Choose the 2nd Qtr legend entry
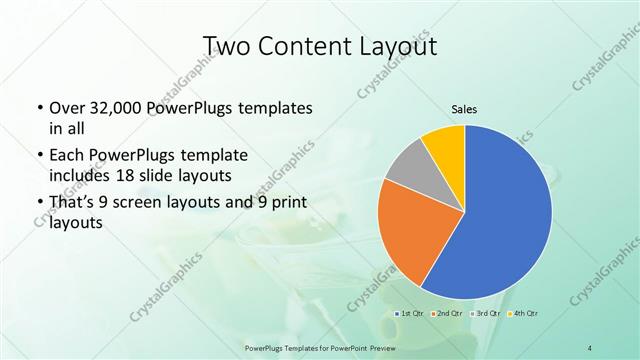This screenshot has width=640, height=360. (446, 315)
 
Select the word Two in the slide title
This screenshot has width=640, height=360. (228, 46)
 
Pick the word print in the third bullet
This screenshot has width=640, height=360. (287, 205)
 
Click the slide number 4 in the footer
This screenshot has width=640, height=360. (591, 347)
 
